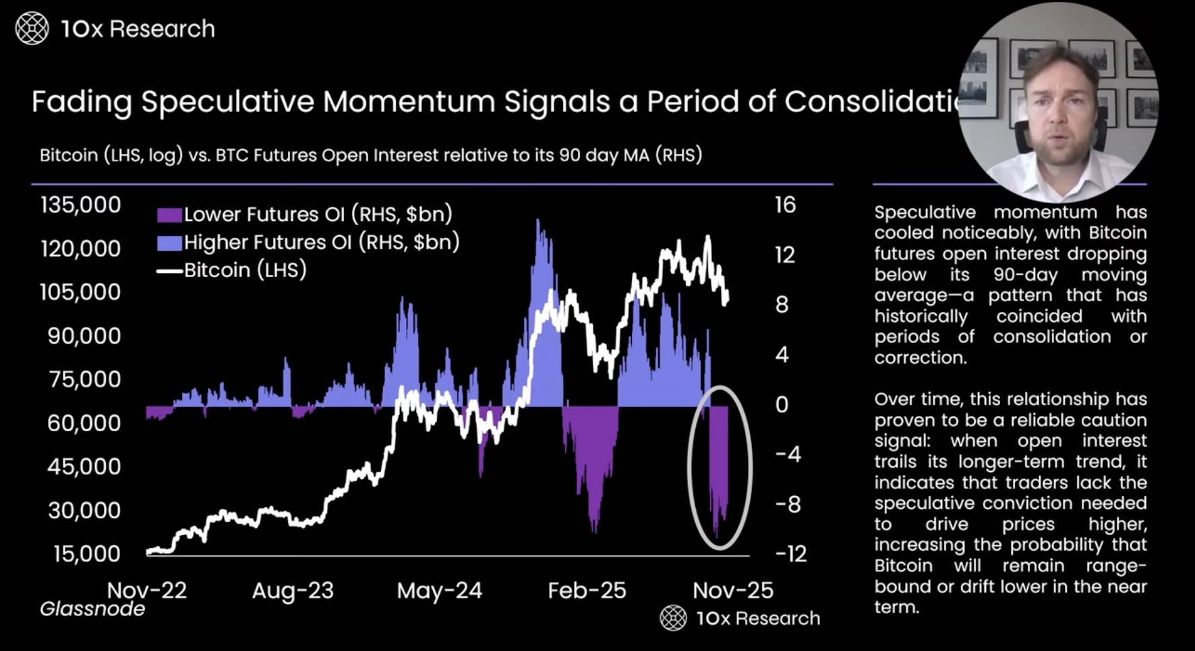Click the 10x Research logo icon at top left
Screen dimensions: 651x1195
pyautogui.click(x=32, y=29)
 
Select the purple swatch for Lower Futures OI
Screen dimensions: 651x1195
pyautogui.click(x=169, y=215)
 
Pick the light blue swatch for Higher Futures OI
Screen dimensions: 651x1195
pyautogui.click(x=169, y=243)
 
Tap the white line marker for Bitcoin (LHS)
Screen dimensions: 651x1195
pyautogui.click(x=169, y=271)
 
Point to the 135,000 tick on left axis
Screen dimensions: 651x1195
pyautogui.click(x=80, y=205)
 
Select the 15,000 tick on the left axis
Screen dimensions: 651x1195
pyautogui.click(x=86, y=554)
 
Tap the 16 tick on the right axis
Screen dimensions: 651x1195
pyautogui.click(x=784, y=205)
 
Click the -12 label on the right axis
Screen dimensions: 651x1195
pyautogui.click(x=790, y=554)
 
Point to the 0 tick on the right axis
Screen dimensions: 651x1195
pyautogui.click(x=782, y=404)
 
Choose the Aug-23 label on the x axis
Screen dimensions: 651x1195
pyautogui.click(x=293, y=591)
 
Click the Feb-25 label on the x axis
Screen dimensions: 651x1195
pyautogui.click(x=587, y=591)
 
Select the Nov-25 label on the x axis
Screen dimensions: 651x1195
pyautogui.click(x=733, y=591)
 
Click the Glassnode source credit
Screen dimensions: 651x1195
pyautogui.click(x=92, y=609)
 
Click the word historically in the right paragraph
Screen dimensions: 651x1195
pyautogui.click(x=921, y=316)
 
